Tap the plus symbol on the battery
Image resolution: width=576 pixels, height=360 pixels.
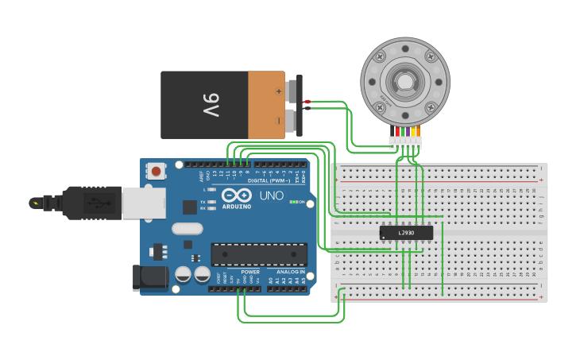(x=278, y=91)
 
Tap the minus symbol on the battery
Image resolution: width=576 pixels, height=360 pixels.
(x=278, y=121)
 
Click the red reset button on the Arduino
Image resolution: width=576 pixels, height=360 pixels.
(x=156, y=171)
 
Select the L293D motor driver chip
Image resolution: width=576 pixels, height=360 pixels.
(x=406, y=233)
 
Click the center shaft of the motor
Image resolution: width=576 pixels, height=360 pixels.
(x=404, y=81)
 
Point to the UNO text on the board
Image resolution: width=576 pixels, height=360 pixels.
(x=271, y=195)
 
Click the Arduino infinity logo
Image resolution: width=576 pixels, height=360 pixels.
(x=237, y=195)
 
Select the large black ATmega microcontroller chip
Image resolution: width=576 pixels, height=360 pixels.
(x=258, y=254)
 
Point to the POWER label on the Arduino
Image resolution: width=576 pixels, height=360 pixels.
(x=249, y=272)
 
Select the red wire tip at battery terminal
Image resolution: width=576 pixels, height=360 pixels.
(x=307, y=101)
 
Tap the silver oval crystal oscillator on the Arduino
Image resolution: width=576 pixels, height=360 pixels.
(x=187, y=230)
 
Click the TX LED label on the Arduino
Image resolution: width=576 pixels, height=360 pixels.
(x=203, y=202)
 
